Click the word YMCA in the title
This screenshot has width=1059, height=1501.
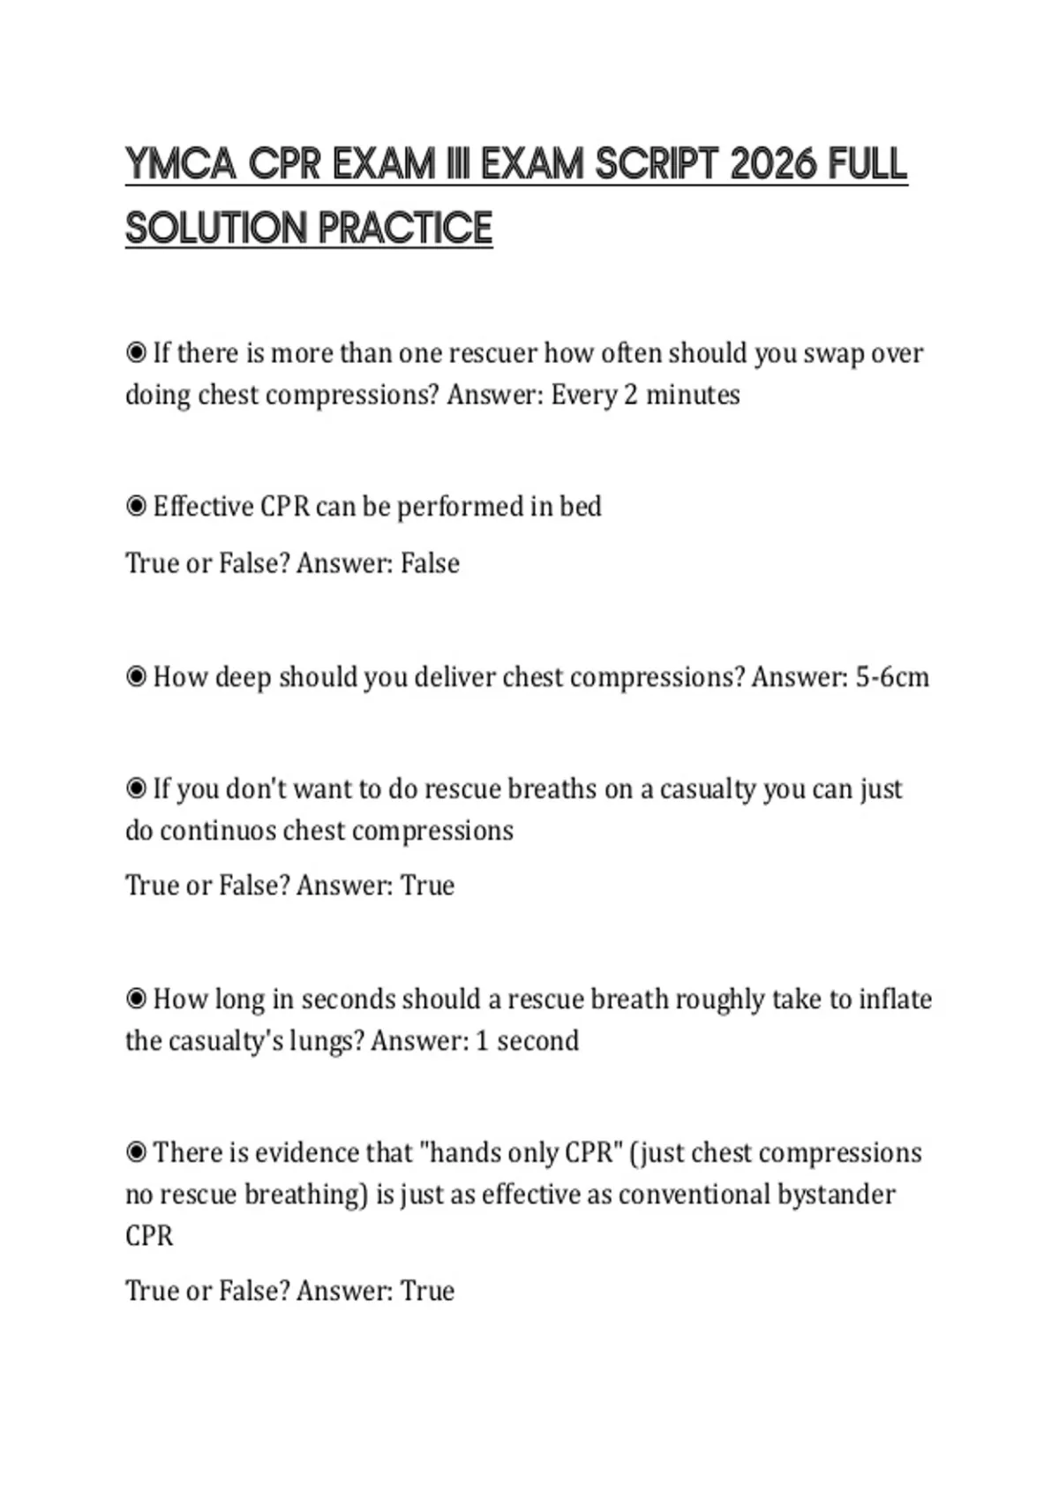pyautogui.click(x=181, y=164)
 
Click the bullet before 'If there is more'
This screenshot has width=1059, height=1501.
pyautogui.click(x=136, y=353)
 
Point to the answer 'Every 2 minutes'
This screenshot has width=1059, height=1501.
pyautogui.click(x=645, y=395)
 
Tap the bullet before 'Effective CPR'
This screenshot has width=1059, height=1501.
pyautogui.click(x=136, y=507)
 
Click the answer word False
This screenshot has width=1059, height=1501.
pyautogui.click(x=430, y=563)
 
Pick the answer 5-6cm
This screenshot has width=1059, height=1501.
pyautogui.click(x=892, y=677)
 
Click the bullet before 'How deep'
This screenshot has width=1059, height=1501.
pyautogui.click(x=136, y=677)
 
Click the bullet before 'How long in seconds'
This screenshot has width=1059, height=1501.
pyautogui.click(x=136, y=999)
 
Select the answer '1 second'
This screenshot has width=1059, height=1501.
pyautogui.click(x=527, y=1041)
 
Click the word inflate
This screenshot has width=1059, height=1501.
pyautogui.click(x=895, y=999)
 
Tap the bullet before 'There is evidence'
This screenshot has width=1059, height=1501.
pyautogui.click(x=136, y=1153)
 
